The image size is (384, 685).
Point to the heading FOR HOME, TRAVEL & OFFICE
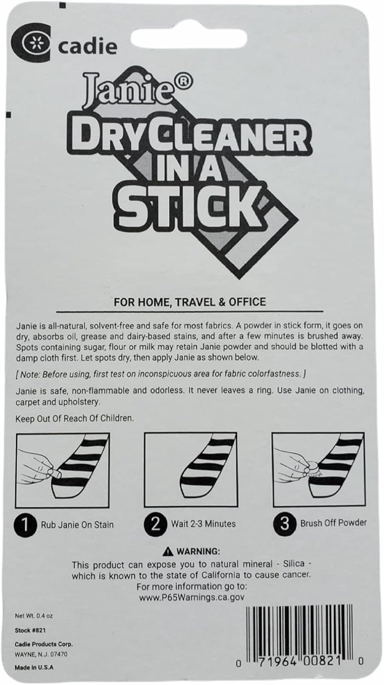click(190, 301)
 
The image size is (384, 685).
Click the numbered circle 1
click(25, 525)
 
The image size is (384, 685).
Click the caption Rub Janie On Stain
click(77, 525)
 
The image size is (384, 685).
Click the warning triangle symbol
click(167, 552)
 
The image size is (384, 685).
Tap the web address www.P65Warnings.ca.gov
click(191, 597)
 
